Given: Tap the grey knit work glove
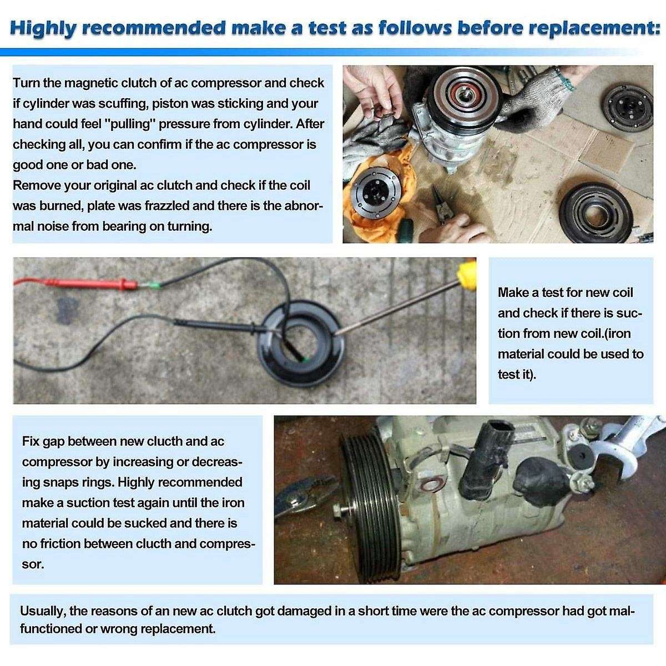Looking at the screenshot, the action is coord(529,93).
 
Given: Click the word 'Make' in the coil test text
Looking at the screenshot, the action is coord(513,292).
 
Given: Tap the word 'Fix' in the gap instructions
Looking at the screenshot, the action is coord(30,441).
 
